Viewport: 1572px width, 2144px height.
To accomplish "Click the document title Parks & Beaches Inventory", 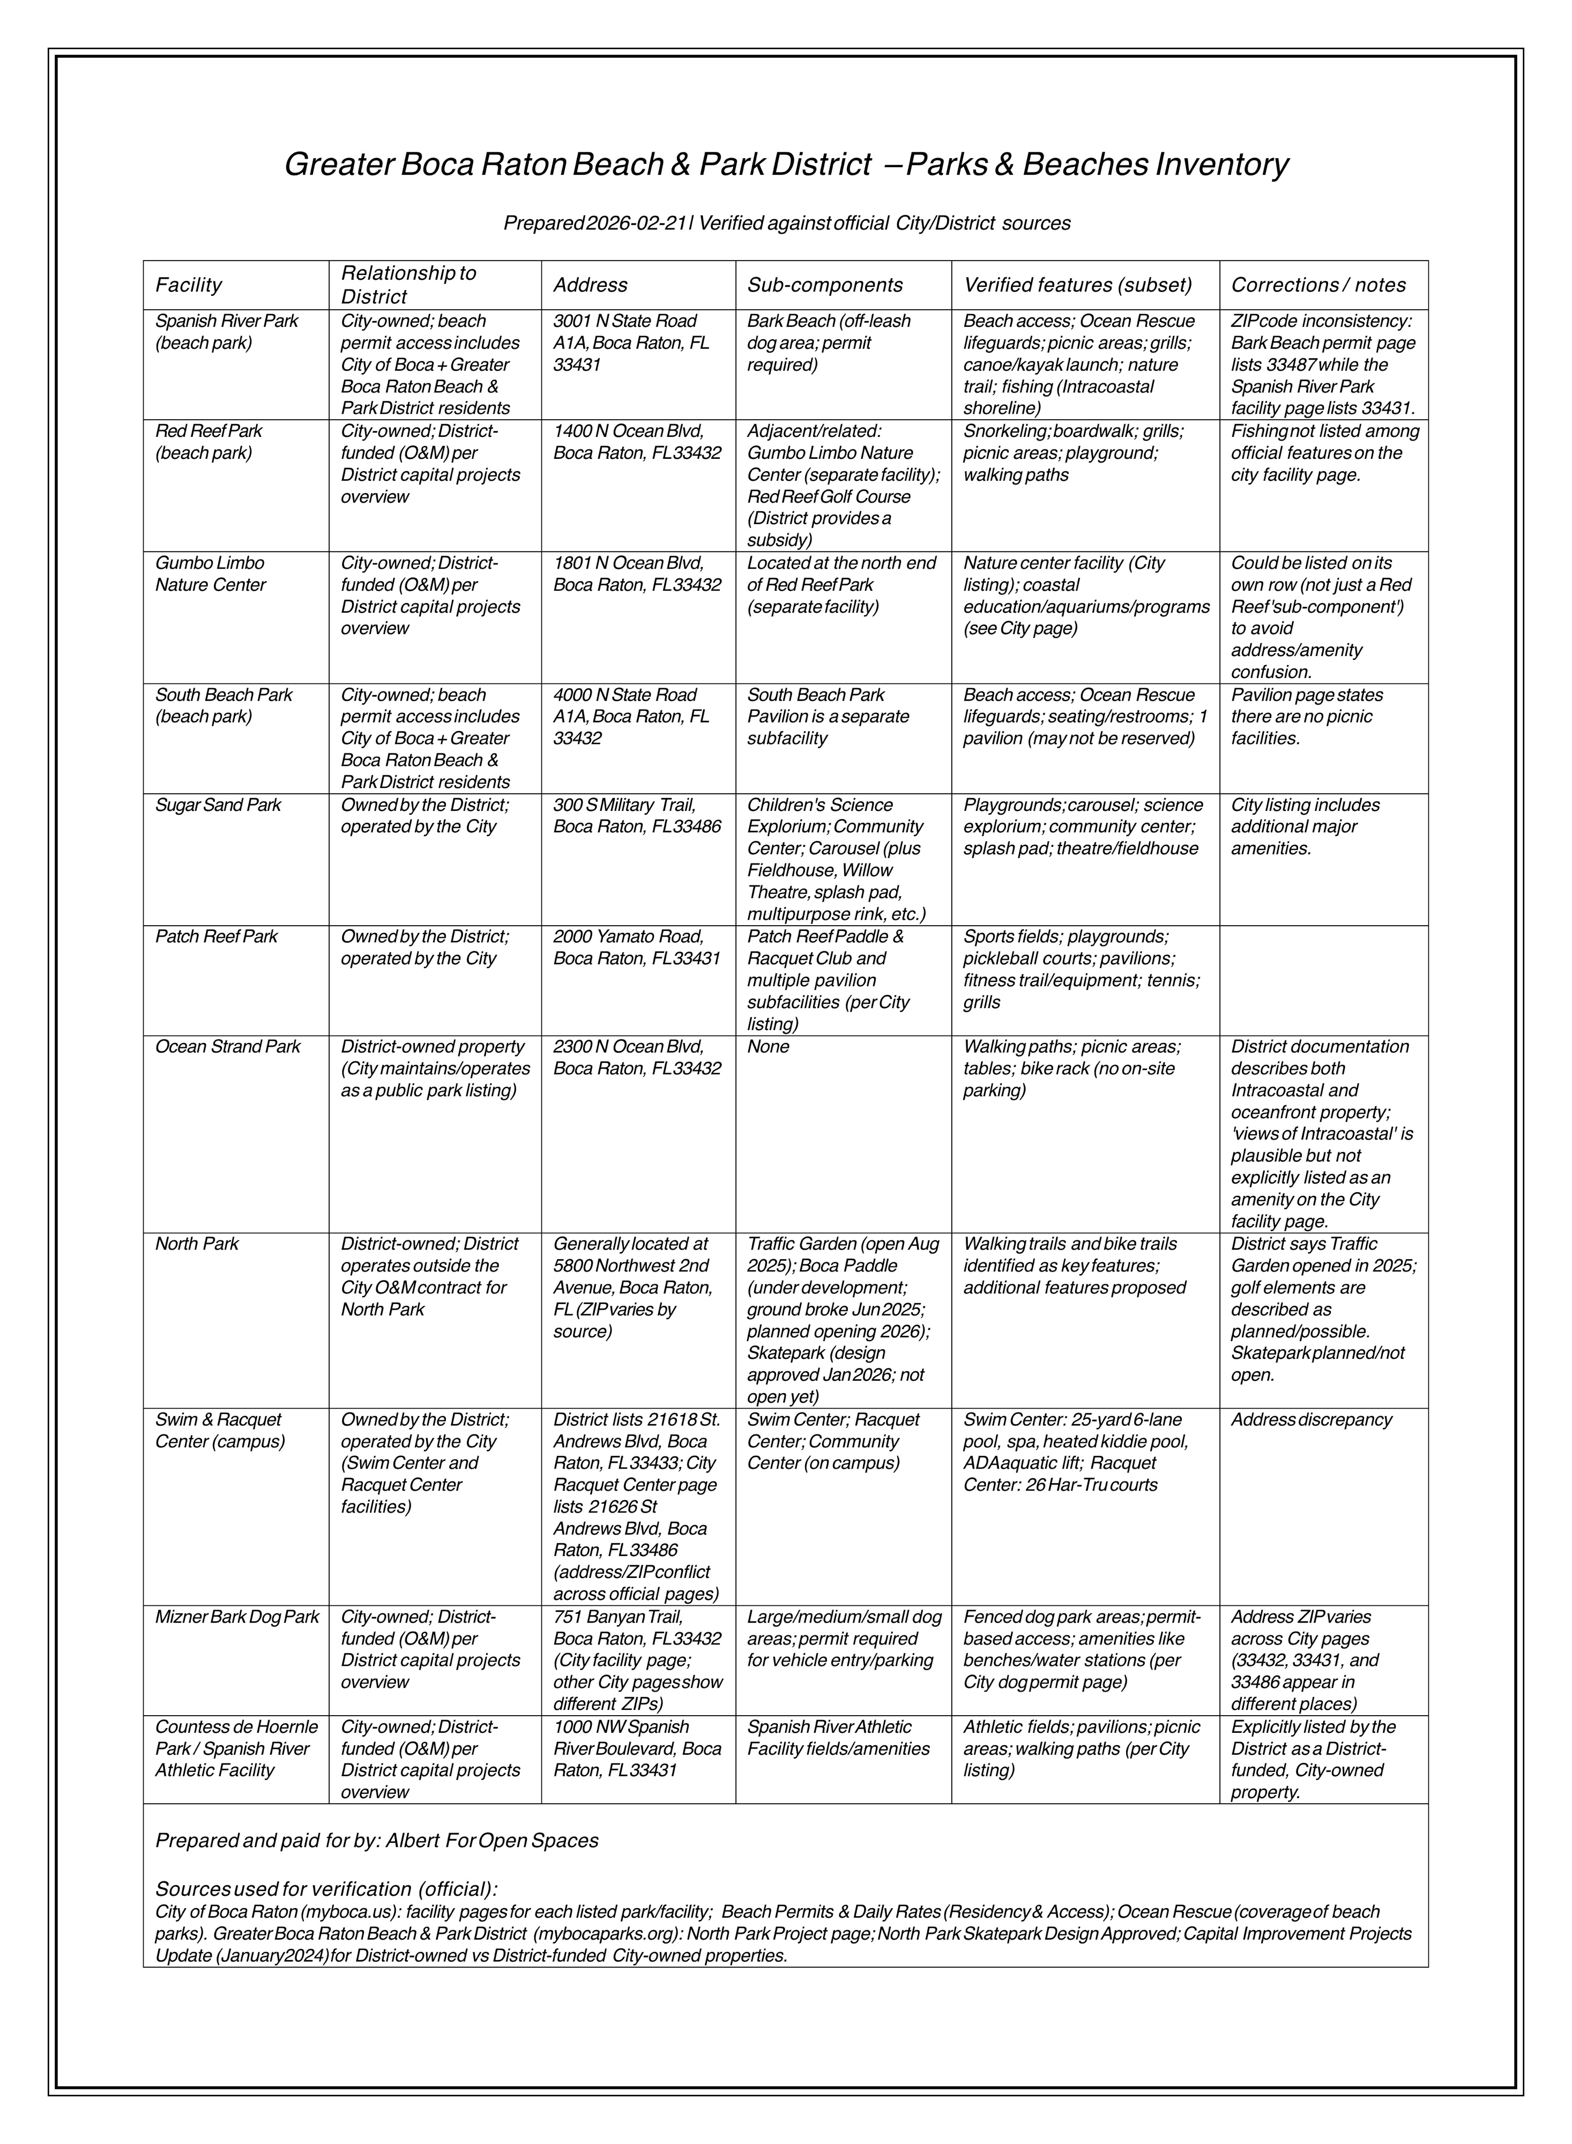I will [786, 165].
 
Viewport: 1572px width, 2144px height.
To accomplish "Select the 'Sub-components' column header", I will [824, 285].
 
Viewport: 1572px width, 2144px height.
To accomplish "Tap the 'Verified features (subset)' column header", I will [1077, 285].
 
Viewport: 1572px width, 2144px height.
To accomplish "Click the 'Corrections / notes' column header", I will [1318, 285].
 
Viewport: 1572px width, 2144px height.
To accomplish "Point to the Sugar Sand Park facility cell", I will [218, 805].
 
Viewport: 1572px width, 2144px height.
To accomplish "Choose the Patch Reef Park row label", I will [216, 936].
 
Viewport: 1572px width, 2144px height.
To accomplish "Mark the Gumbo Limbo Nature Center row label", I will [210, 574].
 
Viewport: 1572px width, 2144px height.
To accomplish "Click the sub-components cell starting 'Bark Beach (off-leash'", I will [828, 343].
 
